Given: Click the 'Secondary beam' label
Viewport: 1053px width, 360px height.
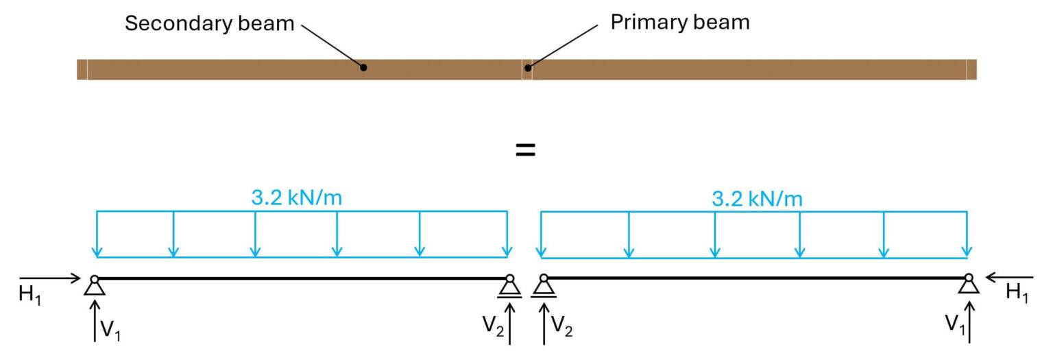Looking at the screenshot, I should (209, 25).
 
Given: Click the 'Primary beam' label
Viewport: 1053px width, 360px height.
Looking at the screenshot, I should (679, 23).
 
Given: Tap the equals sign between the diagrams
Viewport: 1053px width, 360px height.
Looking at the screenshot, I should (525, 150).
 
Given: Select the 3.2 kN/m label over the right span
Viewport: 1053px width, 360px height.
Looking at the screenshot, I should (757, 199).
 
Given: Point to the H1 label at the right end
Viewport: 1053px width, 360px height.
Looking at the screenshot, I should (1017, 293).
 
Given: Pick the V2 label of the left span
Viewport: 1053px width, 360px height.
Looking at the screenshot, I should (492, 324).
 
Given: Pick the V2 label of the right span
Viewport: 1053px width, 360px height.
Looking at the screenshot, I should (562, 330).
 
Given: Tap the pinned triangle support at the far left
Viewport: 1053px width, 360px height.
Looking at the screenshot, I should (95, 286).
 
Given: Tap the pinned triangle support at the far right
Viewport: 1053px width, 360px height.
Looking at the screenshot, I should (968, 285).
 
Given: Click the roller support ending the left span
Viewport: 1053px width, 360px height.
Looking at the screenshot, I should (509, 287).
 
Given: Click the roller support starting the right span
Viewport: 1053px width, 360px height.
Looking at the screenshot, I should (544, 287).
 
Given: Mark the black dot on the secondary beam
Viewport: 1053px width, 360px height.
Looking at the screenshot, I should (364, 67).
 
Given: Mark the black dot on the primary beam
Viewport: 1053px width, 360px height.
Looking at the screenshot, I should (527, 67).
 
